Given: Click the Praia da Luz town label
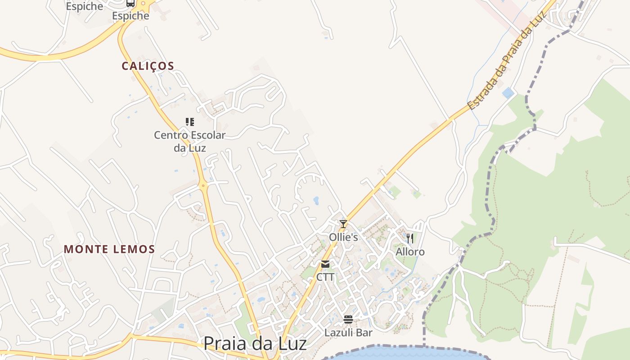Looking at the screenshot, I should click(x=255, y=343).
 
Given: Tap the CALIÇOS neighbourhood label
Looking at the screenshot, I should click(x=148, y=66).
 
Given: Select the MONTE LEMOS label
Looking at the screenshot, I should click(x=109, y=249).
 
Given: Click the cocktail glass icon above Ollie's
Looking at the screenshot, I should click(x=343, y=224).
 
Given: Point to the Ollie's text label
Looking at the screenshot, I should click(x=343, y=237).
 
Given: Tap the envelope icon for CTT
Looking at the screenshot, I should click(x=325, y=264).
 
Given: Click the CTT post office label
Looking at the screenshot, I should click(x=325, y=277).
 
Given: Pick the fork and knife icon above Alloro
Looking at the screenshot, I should click(x=409, y=238).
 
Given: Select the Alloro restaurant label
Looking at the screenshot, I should click(x=410, y=252).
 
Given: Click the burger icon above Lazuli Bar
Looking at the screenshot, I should click(x=348, y=319).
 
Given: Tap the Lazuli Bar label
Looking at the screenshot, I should click(x=348, y=333).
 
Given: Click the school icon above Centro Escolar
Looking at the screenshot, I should click(x=189, y=121).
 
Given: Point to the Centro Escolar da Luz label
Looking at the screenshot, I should click(x=189, y=141).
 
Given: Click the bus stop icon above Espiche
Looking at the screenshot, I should click(x=130, y=3).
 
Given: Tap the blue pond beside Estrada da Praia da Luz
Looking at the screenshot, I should click(x=508, y=93).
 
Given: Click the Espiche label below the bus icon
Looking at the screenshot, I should click(x=130, y=16).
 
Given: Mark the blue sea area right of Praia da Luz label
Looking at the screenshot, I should click(x=405, y=353).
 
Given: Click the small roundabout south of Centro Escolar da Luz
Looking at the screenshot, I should click(x=203, y=185).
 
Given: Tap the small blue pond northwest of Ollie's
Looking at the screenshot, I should click(x=316, y=200).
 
